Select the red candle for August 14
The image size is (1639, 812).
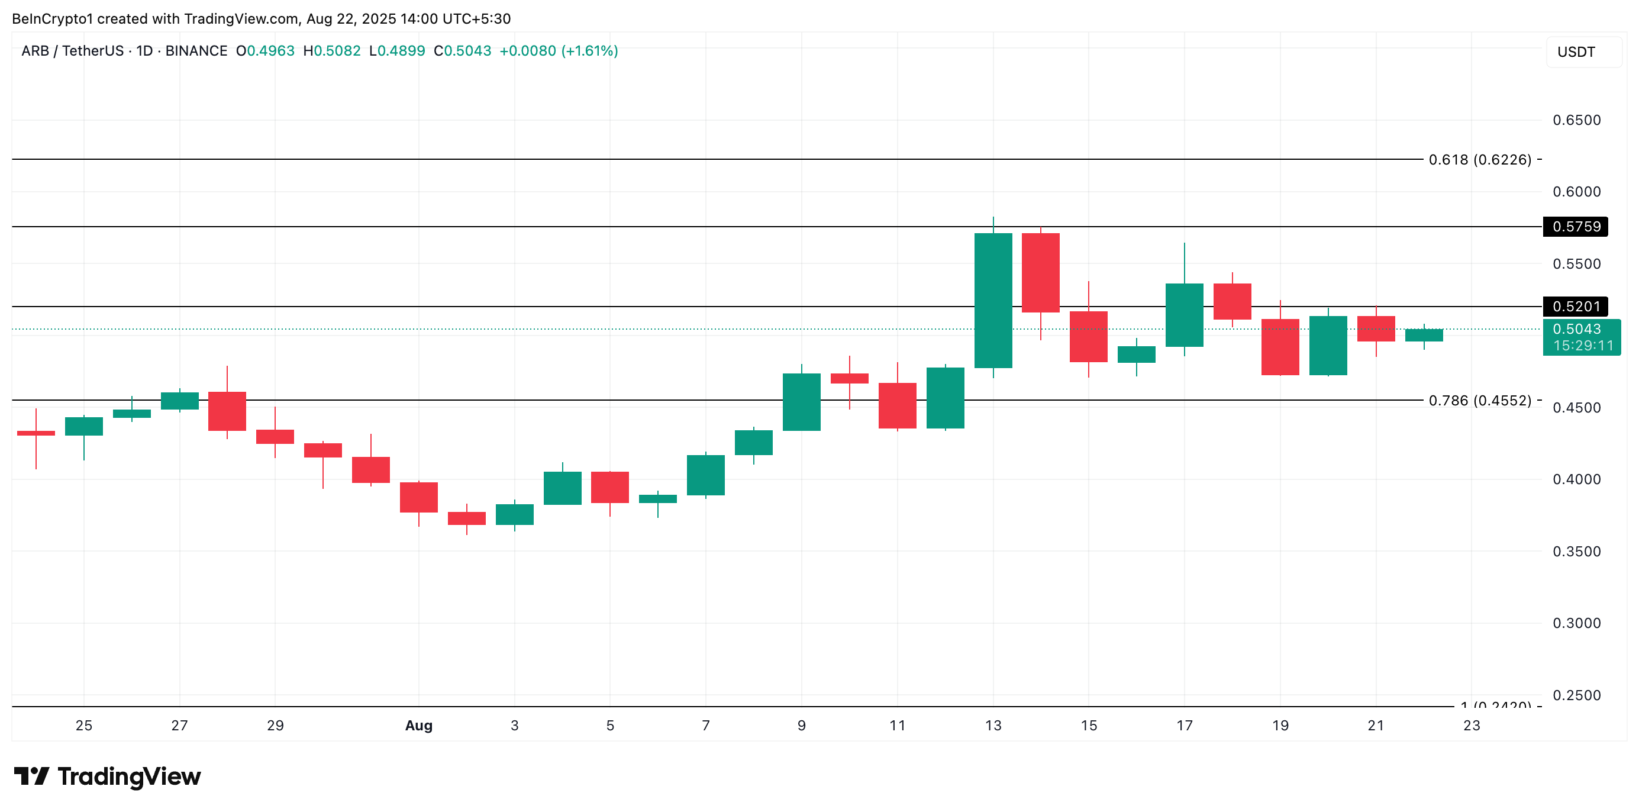coord(1040,272)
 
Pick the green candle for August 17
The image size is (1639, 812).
coord(1184,315)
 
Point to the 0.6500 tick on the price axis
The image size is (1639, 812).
coord(1576,120)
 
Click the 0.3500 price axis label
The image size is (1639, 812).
coord(1576,552)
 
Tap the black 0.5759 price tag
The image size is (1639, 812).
coord(1575,227)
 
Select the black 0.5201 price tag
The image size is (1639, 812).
coord(1575,307)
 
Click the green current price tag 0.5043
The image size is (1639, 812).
coord(1581,337)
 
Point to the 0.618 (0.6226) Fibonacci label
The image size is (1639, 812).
coord(1479,160)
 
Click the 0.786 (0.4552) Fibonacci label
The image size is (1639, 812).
coord(1479,401)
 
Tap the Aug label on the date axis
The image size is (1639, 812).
coord(419,726)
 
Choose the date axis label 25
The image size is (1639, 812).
coord(84,726)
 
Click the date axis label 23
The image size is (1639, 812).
coord(1471,726)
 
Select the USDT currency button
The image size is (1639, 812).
coord(1576,52)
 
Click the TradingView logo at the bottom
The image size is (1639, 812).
coord(108,776)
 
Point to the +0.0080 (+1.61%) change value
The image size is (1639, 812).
coord(559,51)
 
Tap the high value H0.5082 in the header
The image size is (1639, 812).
coord(331,51)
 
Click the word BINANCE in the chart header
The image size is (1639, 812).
coord(196,51)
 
